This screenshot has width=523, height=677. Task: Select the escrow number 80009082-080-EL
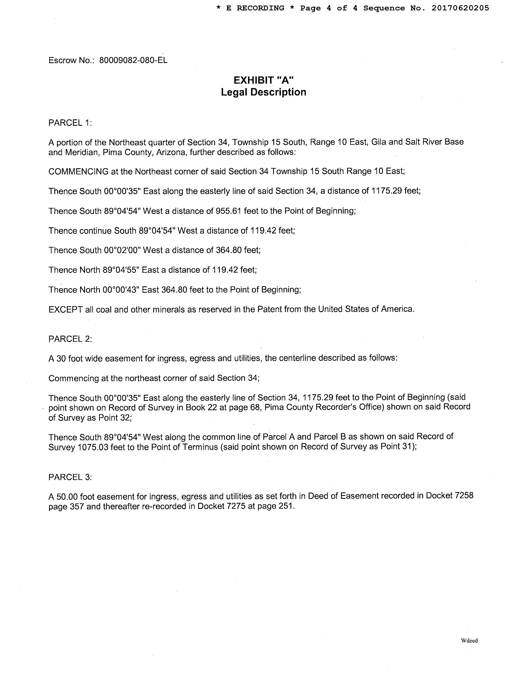[133, 60]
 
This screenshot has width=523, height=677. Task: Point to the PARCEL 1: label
[70, 123]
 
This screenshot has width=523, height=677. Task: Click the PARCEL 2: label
[70, 339]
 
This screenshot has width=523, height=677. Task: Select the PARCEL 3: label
[70, 477]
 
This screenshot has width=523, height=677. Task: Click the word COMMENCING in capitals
[78, 171]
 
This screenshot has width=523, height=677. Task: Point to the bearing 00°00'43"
[122, 290]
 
